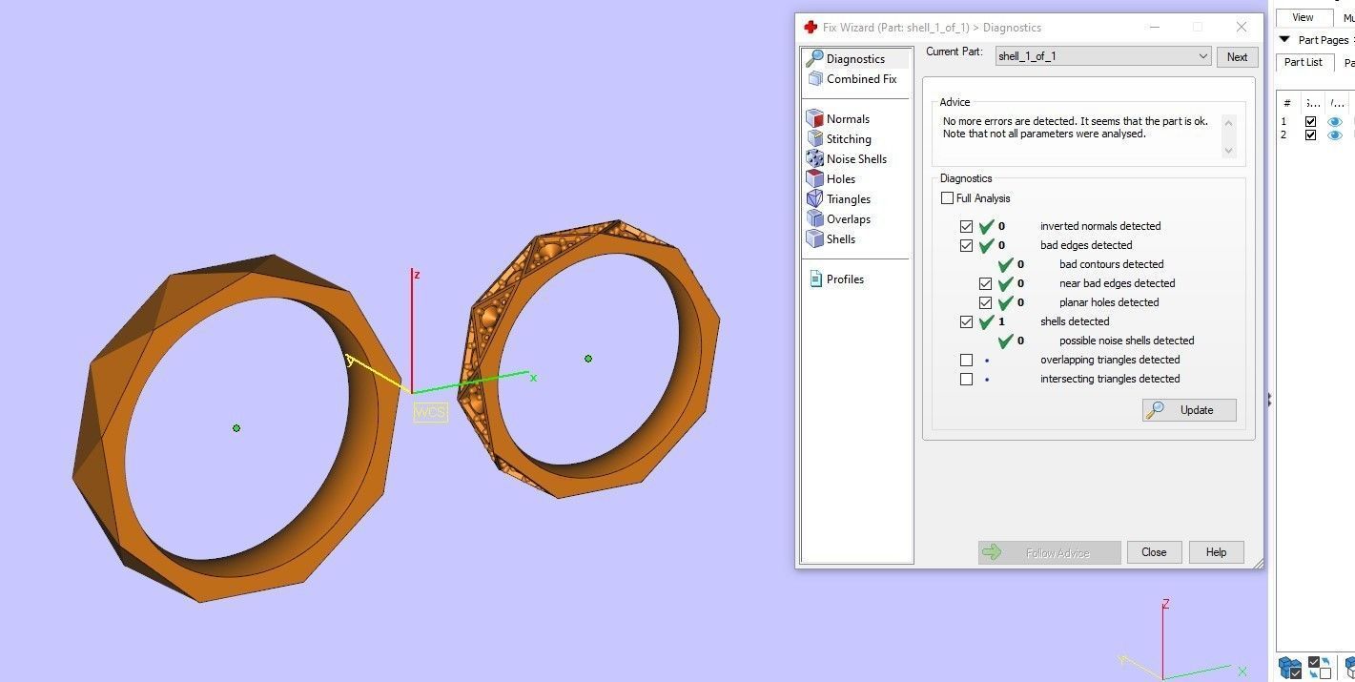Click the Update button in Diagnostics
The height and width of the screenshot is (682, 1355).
[1189, 410]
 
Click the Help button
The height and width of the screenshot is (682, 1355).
[1216, 552]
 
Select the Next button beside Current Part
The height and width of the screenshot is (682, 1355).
[1237, 57]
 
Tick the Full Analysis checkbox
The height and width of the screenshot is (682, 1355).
[947, 198]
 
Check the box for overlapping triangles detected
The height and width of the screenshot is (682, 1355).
[966, 361]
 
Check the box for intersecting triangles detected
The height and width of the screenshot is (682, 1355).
[966, 380]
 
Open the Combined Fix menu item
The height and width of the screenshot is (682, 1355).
[861, 79]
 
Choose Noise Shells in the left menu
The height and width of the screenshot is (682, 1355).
[855, 159]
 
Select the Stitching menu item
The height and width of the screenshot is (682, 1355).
[848, 139]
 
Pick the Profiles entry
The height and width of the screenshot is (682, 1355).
[845, 279]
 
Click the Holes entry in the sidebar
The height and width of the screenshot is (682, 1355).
[840, 179]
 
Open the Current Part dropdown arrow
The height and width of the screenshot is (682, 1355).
[1202, 57]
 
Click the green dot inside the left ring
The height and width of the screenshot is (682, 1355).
[236, 428]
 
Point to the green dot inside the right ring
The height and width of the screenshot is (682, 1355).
[588, 359]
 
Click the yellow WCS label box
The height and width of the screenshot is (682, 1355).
[430, 412]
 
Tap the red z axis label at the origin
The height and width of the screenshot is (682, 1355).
[417, 275]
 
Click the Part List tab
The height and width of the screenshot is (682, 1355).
[1303, 63]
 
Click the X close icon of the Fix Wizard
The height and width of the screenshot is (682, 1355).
[1241, 28]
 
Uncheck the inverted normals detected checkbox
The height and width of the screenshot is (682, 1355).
[966, 227]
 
